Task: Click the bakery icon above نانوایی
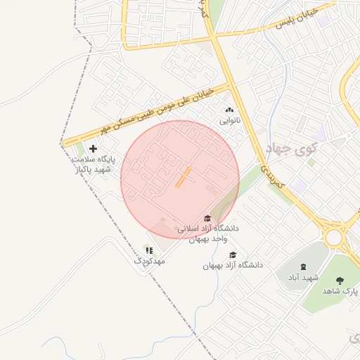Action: (229, 110)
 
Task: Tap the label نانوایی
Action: (229, 120)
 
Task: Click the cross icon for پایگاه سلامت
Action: (93, 148)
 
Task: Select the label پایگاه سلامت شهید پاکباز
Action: (96, 164)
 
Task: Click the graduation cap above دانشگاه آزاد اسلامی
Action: (207, 219)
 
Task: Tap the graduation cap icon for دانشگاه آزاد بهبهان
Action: (233, 255)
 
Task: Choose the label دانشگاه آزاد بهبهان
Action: (233, 265)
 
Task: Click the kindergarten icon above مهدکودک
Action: (148, 250)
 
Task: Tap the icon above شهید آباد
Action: (303, 266)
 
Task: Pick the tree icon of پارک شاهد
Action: (340, 280)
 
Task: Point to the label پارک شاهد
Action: (340, 290)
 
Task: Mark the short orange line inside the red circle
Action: (183, 177)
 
